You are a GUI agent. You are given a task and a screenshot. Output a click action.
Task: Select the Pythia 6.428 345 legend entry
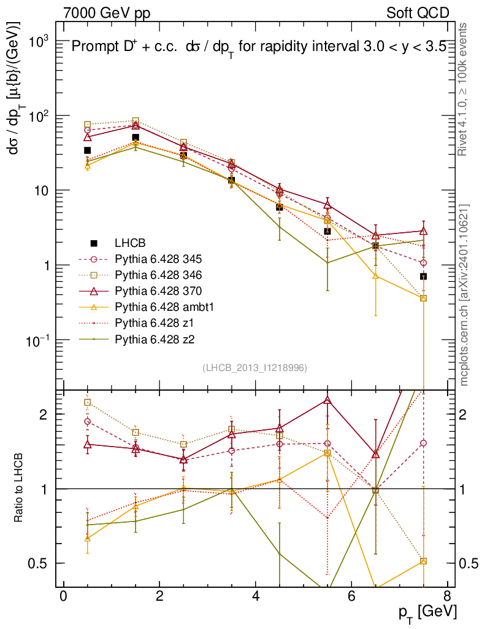point(150,259)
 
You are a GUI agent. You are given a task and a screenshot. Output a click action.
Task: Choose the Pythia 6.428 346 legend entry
point(150,275)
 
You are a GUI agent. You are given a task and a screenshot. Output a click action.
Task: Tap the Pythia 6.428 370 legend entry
point(150,291)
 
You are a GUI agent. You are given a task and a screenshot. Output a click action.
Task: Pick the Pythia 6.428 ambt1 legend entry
point(153,307)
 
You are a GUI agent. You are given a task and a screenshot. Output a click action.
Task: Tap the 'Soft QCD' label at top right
point(417,13)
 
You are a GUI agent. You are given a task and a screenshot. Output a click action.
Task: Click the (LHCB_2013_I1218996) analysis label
point(254,367)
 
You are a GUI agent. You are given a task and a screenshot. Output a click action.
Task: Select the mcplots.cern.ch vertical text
point(465,295)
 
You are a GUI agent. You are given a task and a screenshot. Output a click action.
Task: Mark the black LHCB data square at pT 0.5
point(87,150)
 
